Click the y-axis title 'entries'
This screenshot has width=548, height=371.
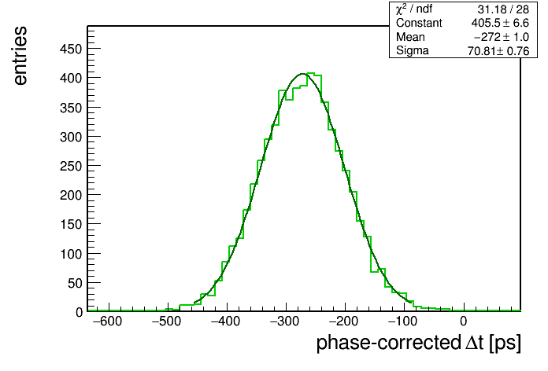pos(20,56)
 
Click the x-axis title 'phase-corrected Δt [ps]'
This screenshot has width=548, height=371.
pos(418,343)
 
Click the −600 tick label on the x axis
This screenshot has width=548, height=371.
pos(108,321)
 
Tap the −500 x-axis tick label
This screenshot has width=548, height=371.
pos(167,321)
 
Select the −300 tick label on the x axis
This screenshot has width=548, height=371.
pos(285,321)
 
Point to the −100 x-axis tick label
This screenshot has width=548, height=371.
pos(403,321)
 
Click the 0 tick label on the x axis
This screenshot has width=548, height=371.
pos(464,321)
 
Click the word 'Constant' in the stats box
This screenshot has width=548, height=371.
pos(419,23)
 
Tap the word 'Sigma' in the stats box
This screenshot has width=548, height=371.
pos(413,51)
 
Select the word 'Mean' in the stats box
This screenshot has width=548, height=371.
pos(410,37)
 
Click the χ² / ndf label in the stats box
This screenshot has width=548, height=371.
pos(414,9)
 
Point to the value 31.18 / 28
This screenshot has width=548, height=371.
pos(503,9)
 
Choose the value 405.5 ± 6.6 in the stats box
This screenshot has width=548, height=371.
pos(500,23)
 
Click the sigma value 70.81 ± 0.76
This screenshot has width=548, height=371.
pos(498,51)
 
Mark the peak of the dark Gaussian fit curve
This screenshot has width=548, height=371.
pos(303,74)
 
